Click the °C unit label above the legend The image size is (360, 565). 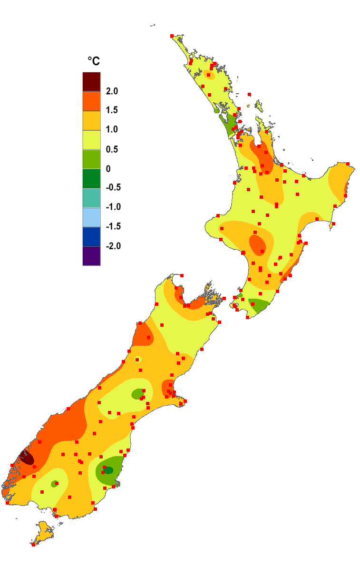93,61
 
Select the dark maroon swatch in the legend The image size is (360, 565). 91,81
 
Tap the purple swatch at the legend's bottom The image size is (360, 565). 91,256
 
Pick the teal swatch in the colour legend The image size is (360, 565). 91,197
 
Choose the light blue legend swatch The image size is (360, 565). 91,217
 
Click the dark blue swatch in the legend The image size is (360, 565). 91,236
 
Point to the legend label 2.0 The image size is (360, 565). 112,91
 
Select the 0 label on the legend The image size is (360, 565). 108,168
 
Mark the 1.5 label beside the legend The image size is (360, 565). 112,110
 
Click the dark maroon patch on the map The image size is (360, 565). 26,458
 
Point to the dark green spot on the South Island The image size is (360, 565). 109,470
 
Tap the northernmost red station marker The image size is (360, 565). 172,36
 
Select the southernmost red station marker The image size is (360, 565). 33,545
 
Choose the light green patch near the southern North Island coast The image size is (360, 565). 258,305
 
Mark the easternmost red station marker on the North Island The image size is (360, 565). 348,164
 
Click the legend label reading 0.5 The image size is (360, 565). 112,149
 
